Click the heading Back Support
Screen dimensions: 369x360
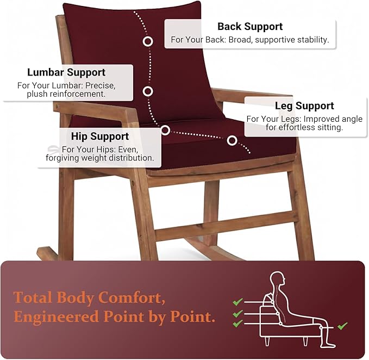pyautogui.click(x=250, y=27)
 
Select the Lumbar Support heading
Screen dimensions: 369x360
pyautogui.click(x=66, y=72)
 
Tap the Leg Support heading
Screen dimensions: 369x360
pyautogui.click(x=304, y=105)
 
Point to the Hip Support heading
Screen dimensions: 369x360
pyautogui.click(x=100, y=136)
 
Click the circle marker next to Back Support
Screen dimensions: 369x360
pyautogui.click(x=148, y=41)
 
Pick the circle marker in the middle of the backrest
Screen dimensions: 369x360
pyautogui.click(x=148, y=91)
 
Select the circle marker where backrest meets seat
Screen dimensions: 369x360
pyautogui.click(x=165, y=130)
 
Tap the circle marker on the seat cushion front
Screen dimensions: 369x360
pyautogui.click(x=232, y=140)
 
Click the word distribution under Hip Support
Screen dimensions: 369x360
pyautogui.click(x=129, y=158)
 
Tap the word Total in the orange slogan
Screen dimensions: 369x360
pyautogui.click(x=33, y=297)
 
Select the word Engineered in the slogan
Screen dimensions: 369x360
pyautogui.click(x=56, y=316)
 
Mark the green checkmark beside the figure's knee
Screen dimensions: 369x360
pyautogui.click(x=342, y=326)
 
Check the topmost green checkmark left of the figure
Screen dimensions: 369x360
pyautogui.click(x=237, y=302)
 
